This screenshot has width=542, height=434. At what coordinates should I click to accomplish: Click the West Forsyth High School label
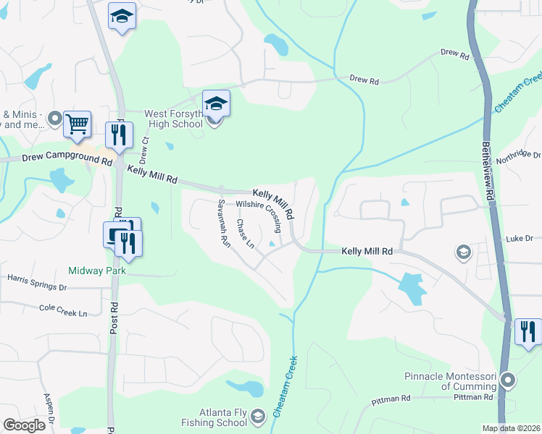point(173,119)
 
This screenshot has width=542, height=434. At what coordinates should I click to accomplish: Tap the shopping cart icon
point(77,124)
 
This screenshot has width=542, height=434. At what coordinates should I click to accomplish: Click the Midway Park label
point(97,271)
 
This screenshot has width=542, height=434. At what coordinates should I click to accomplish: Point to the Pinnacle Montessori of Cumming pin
point(509,380)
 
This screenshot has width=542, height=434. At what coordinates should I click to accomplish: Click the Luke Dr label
point(519,238)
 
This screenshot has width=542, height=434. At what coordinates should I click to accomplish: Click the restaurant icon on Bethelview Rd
point(528,331)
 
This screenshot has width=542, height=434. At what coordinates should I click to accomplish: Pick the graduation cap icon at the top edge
point(122,16)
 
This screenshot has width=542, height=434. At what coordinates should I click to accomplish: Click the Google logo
point(24,425)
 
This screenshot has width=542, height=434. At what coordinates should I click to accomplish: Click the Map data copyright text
point(510,428)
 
